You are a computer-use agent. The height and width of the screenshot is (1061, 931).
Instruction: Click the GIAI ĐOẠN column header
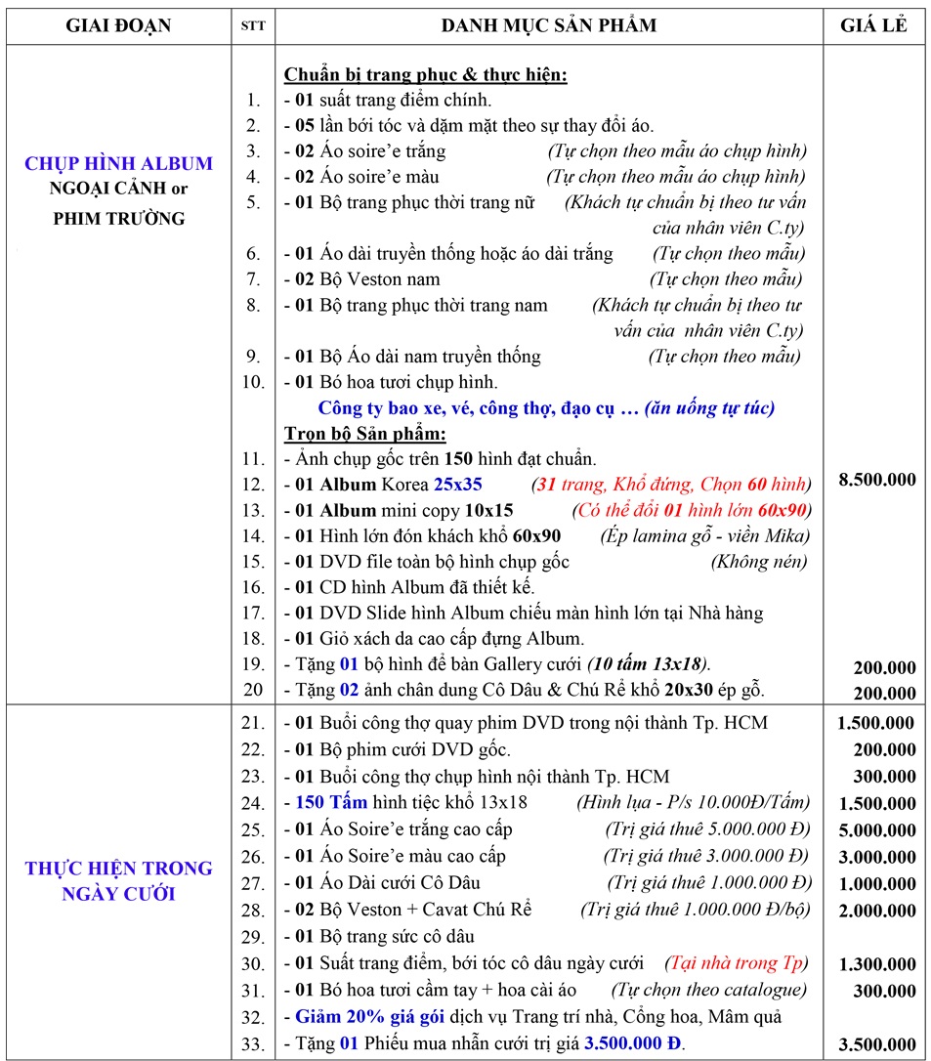click(117, 25)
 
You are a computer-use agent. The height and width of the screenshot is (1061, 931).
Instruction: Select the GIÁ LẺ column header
click(873, 25)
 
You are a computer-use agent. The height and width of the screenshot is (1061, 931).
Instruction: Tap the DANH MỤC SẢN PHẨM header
click(549, 25)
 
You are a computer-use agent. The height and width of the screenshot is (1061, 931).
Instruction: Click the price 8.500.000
click(877, 479)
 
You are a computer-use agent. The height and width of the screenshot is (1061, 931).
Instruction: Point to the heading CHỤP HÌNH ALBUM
click(118, 163)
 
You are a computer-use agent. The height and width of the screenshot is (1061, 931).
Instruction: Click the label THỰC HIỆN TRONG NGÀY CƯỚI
click(118, 879)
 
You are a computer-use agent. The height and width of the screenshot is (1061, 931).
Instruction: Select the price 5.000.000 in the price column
click(875, 829)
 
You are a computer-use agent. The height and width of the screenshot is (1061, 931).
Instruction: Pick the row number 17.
click(253, 613)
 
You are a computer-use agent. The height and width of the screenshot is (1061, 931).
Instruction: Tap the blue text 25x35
click(459, 485)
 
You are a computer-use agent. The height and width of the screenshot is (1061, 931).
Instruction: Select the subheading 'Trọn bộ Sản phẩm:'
click(364, 433)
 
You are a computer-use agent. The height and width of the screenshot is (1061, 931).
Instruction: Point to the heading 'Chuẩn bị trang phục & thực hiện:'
click(425, 74)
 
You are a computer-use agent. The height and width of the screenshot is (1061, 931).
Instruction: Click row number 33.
click(253, 1043)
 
